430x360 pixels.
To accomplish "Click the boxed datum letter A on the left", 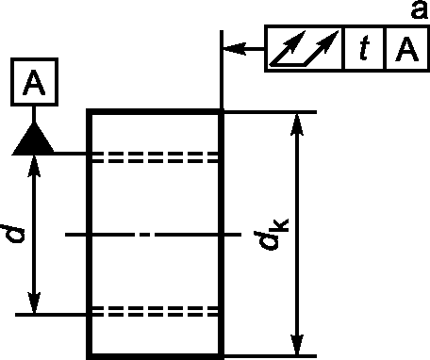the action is coord(34,82).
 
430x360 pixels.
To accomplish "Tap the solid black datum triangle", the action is coord(34,139).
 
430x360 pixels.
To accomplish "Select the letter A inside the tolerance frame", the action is coord(407,49).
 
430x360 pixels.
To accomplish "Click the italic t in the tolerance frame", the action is coord(364,48).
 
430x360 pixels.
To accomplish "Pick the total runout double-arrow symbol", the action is coord(304,48).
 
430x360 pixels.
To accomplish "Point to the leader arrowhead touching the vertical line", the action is coord(234,49).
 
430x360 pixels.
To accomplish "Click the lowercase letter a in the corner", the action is coord(420,9).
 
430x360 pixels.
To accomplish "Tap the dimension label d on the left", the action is coord(12,234).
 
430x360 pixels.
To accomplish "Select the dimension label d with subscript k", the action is coord(271,235).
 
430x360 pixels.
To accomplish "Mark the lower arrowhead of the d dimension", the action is coord(34,303).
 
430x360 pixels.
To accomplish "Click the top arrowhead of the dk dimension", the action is coord(297,124).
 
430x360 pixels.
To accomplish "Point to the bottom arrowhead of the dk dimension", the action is coord(297,345).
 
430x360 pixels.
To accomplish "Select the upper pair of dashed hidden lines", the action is coord(155,157).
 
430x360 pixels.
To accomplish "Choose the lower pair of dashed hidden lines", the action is coord(155,311).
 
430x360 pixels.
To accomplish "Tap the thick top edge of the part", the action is coord(155,111).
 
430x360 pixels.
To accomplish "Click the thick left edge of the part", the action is coord(89,235).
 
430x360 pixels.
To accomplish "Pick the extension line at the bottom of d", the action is coord(51,315).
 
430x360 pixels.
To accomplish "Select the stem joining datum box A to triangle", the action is coord(34,114).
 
